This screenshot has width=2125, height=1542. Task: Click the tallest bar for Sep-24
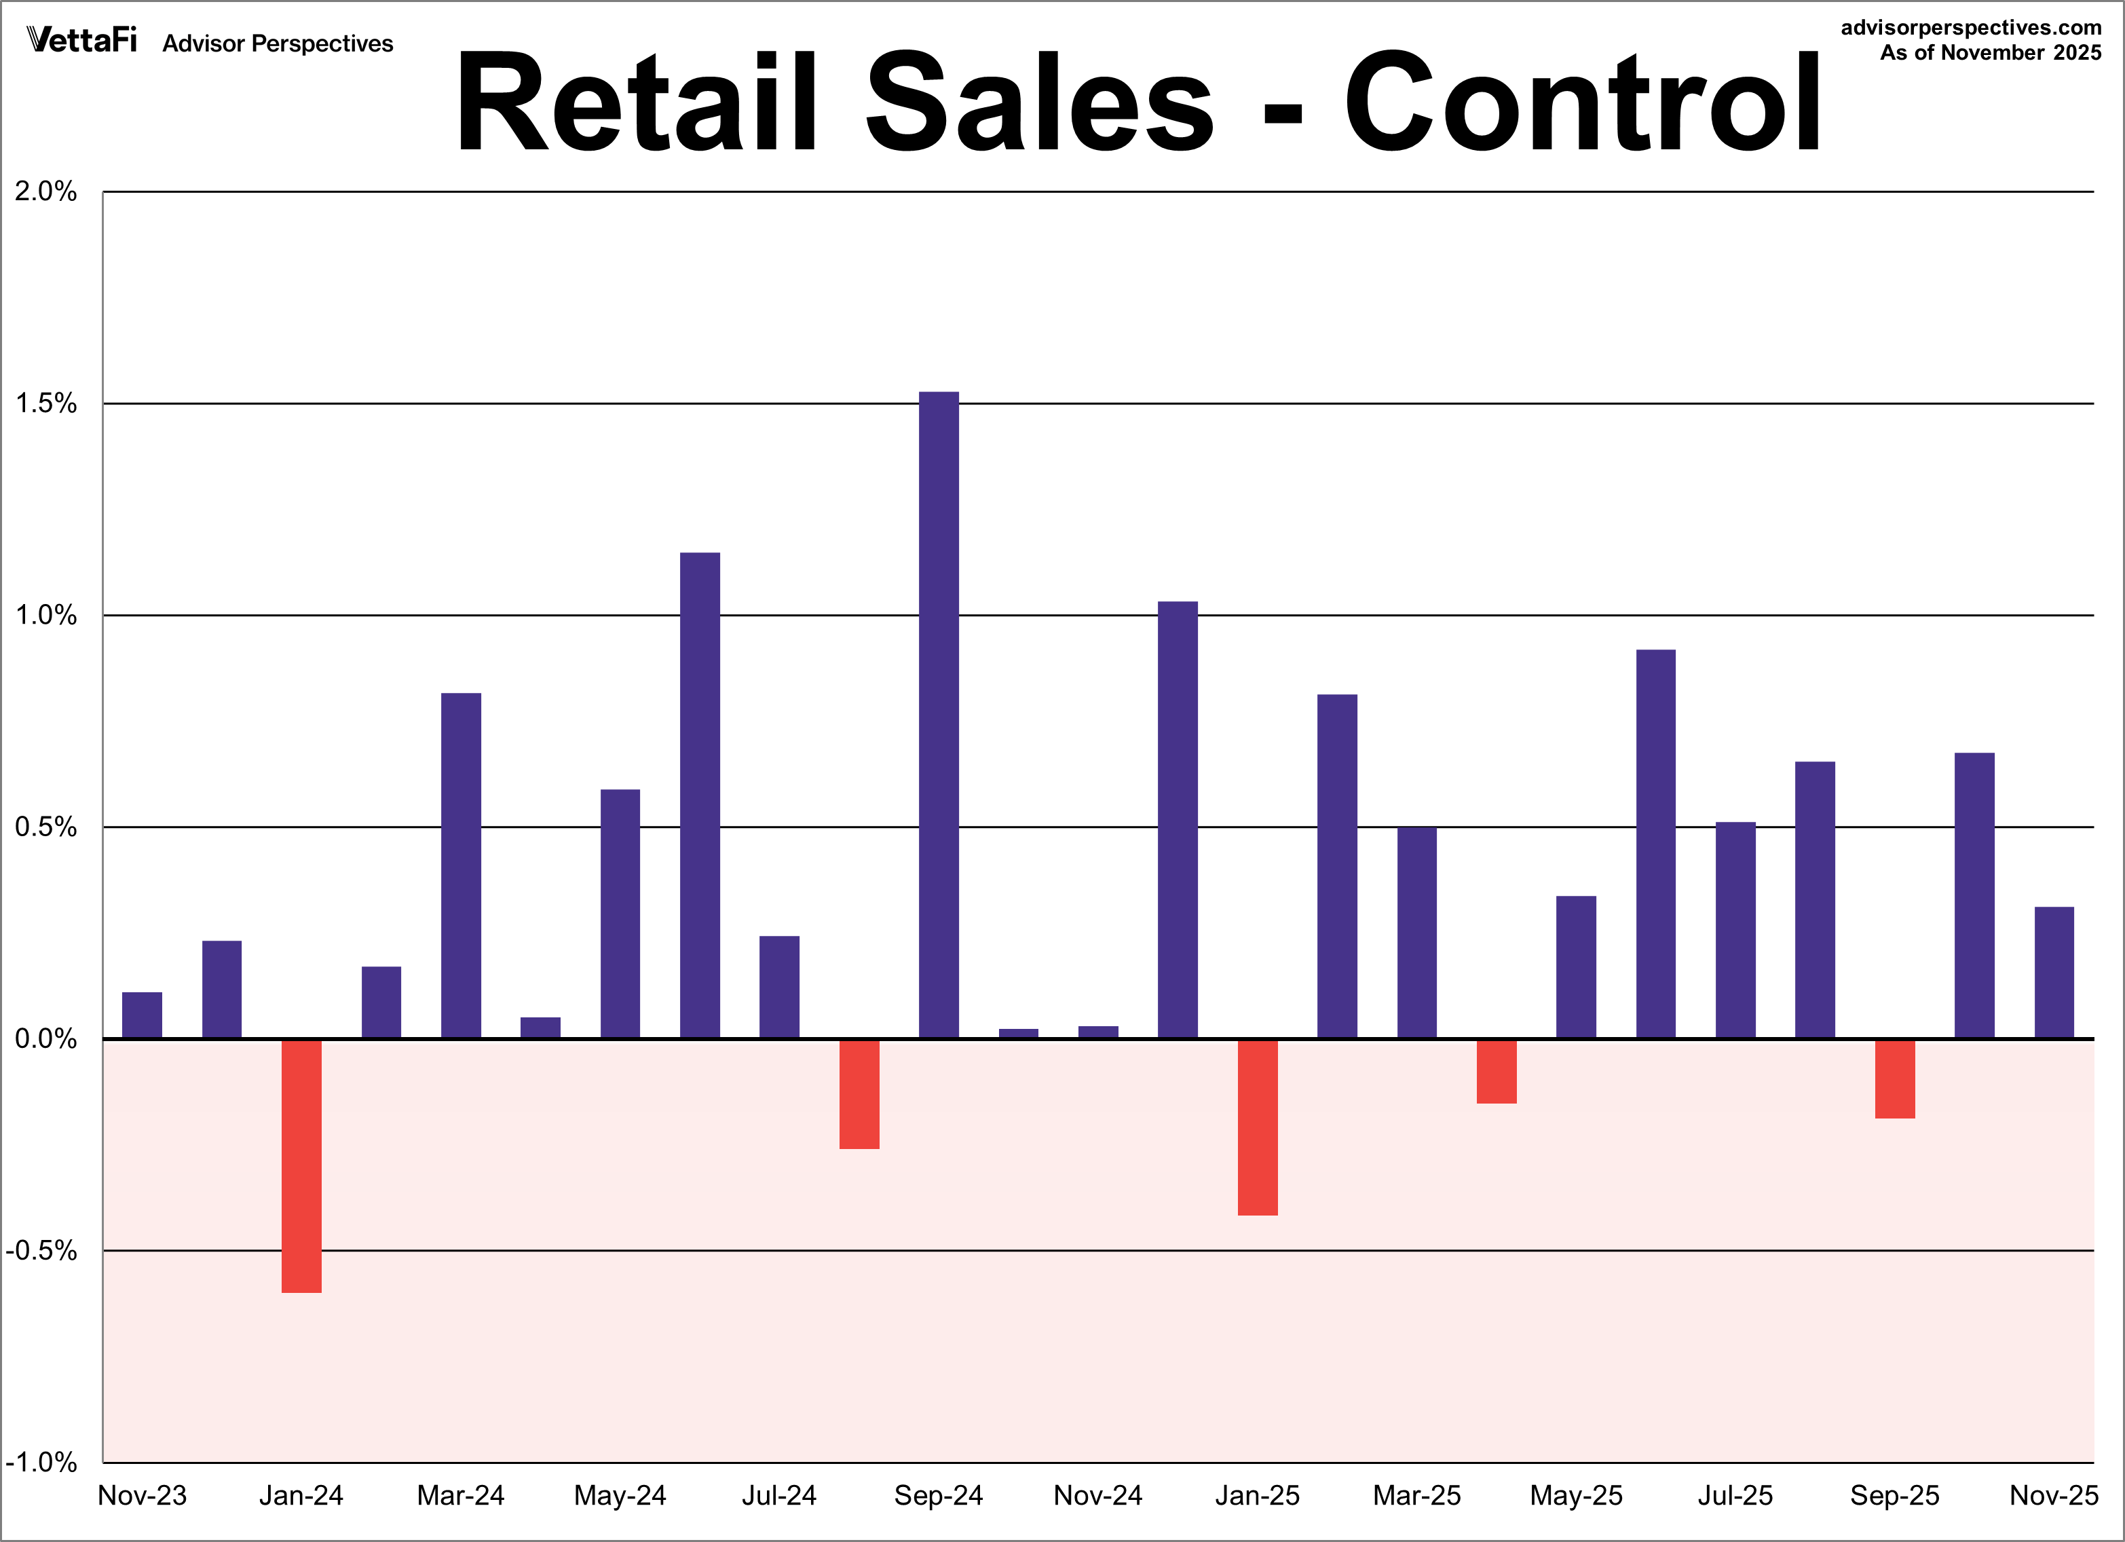click(x=938, y=715)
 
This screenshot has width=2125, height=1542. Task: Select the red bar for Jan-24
click(x=302, y=1165)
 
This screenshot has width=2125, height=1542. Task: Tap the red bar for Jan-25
click(x=1258, y=1127)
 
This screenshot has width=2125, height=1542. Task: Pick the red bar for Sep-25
click(x=1894, y=1078)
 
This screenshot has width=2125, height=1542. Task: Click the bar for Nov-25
click(x=2054, y=973)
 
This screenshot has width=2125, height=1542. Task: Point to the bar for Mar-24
click(x=461, y=865)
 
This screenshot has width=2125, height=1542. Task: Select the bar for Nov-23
click(x=143, y=1015)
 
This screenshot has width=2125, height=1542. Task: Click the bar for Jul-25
click(x=1735, y=930)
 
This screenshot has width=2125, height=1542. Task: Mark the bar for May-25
click(x=1576, y=966)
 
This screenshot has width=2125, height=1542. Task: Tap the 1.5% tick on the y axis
click(x=45, y=404)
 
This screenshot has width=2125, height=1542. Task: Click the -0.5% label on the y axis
click(x=41, y=1251)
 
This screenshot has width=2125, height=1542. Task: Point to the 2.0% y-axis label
click(x=45, y=192)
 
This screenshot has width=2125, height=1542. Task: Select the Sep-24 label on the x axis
click(x=938, y=1495)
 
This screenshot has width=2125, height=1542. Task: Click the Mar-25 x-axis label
click(x=1416, y=1495)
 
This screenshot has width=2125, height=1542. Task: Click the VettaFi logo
click(x=82, y=40)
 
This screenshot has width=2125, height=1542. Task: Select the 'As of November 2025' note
click(x=1990, y=52)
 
